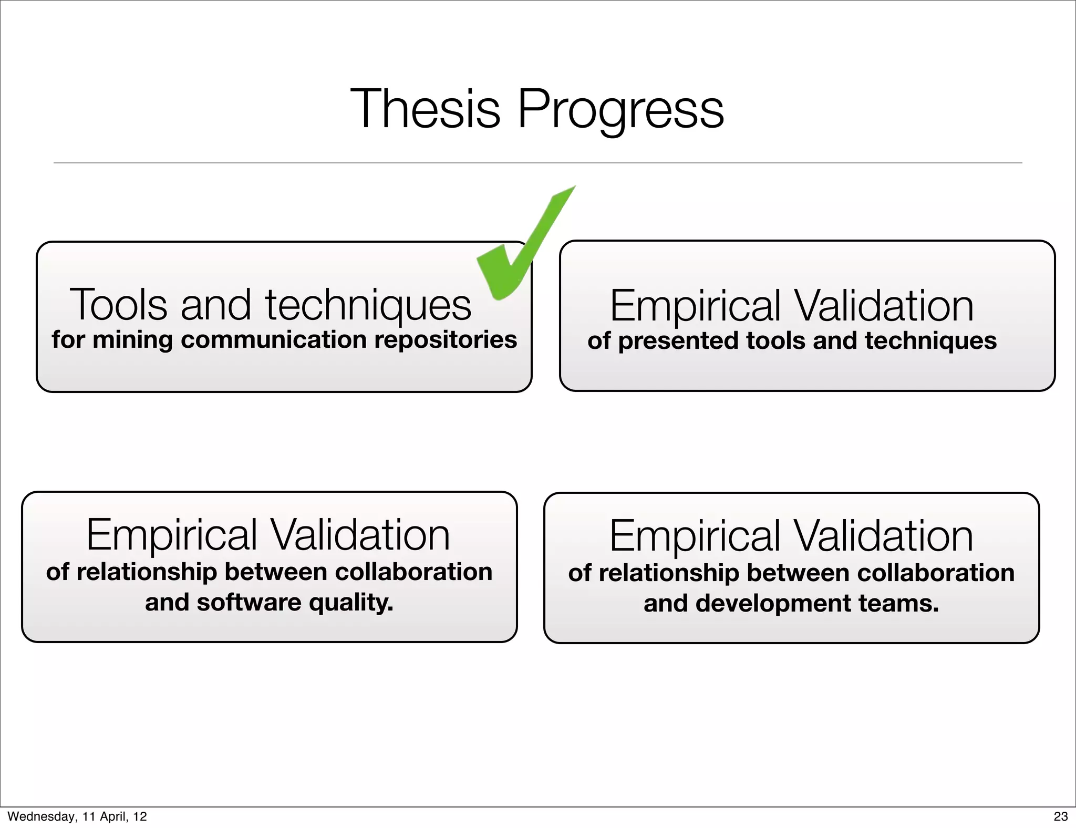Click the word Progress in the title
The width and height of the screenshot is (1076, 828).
click(x=620, y=109)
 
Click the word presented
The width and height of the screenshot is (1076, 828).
click(x=678, y=340)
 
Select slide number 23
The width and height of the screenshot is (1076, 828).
click(x=1060, y=816)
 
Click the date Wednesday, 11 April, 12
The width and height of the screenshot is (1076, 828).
click(x=77, y=816)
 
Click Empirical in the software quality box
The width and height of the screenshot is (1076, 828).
click(x=171, y=535)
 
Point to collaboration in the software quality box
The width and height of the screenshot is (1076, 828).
click(x=413, y=572)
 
